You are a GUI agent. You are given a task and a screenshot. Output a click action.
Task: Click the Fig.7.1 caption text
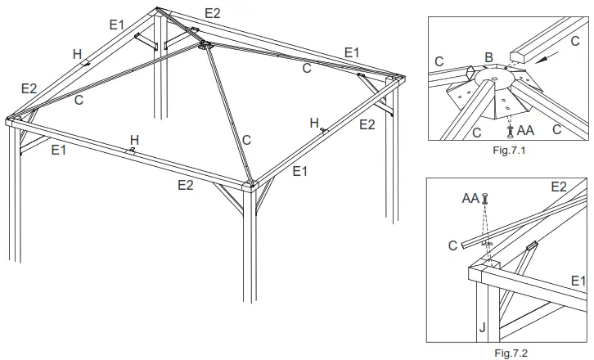pyautogui.click(x=507, y=151)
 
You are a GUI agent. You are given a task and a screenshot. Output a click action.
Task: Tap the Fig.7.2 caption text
pyautogui.click(x=507, y=353)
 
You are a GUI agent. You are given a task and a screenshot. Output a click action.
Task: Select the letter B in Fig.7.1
pyautogui.click(x=488, y=58)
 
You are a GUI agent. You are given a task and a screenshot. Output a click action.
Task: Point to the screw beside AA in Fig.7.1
pyautogui.click(x=512, y=128)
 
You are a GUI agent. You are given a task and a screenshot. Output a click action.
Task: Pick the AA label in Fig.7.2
pyautogui.click(x=470, y=198)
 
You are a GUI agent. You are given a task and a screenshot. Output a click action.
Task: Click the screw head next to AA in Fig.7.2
pyautogui.click(x=486, y=197)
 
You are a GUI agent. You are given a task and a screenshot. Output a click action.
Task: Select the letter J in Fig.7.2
pyautogui.click(x=481, y=328)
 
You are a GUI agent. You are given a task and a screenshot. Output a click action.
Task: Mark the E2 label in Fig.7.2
pyautogui.click(x=559, y=187)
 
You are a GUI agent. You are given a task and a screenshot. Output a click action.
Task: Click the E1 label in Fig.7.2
pyautogui.click(x=578, y=281)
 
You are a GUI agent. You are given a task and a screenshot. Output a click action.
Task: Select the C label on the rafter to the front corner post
pyautogui.click(x=246, y=140)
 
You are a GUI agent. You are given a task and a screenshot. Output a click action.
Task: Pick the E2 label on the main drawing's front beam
pyautogui.click(x=186, y=185)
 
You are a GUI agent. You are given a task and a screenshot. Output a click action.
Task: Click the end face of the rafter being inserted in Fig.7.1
pyautogui.click(x=517, y=56)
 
